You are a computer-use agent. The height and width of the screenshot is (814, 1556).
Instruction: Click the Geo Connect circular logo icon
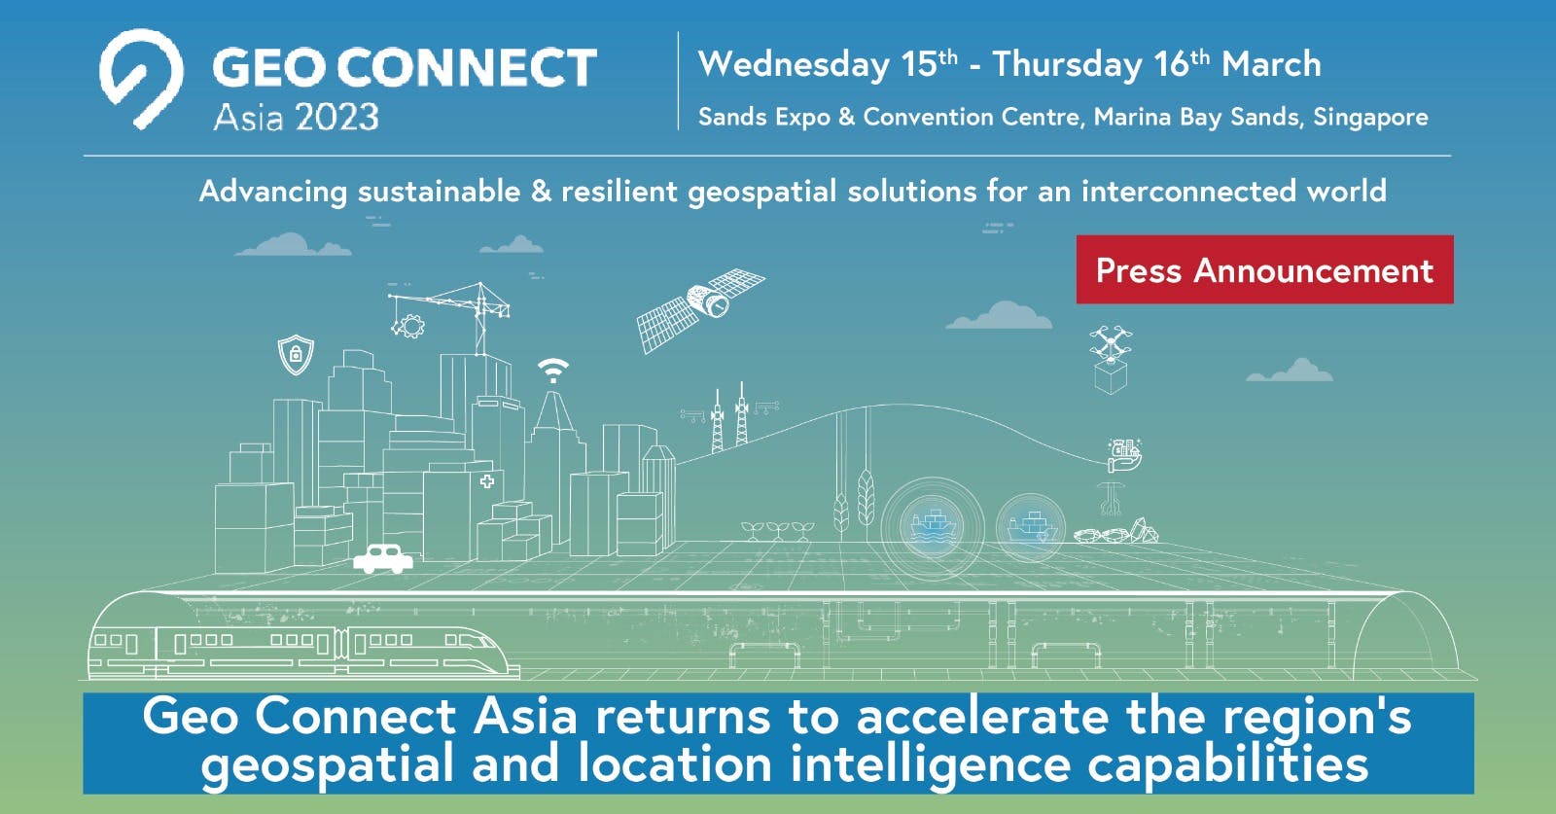tap(141, 78)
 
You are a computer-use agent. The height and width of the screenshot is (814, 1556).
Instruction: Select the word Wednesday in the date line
tap(794, 65)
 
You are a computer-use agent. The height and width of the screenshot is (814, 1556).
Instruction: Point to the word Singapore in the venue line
tap(1370, 118)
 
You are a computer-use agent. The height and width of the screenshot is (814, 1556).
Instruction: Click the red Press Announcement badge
tap(1264, 269)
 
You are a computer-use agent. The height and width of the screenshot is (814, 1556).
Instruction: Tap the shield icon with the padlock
tap(296, 354)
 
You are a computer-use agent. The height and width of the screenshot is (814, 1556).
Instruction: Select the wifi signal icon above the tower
tap(553, 370)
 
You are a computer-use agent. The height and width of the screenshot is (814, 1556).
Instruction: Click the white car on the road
tap(383, 558)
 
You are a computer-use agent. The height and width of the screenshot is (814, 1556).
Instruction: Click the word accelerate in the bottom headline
tap(982, 718)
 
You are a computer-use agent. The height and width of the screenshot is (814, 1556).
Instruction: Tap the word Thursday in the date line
tap(1067, 65)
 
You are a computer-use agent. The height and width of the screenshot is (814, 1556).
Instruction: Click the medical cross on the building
tap(486, 480)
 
